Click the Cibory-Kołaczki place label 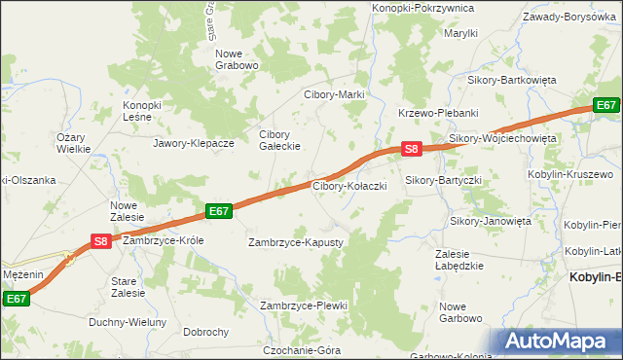pyautogui.click(x=349, y=185)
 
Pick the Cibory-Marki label pyautogui.click(x=334, y=94)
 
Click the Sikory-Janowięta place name pyautogui.click(x=491, y=221)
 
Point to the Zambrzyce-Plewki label pyautogui.click(x=304, y=306)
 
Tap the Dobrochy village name pyautogui.click(x=205, y=332)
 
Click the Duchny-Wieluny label pyautogui.click(x=128, y=322)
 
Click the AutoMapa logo pyautogui.click(x=560, y=342)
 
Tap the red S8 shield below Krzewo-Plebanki pyautogui.click(x=412, y=149)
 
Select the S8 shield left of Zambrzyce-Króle pyautogui.click(x=99, y=240)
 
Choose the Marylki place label pyautogui.click(x=460, y=33)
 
